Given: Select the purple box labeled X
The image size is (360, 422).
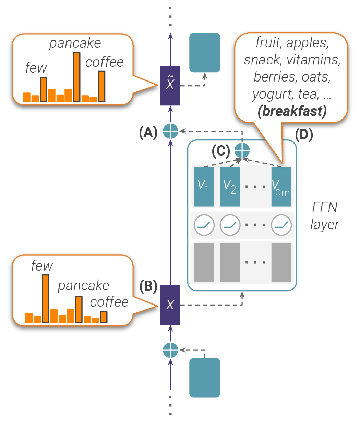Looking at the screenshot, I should pos(170,305).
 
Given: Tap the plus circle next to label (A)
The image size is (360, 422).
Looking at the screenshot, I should pos(170,131).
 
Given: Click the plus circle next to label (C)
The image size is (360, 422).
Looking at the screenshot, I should pos(242,150).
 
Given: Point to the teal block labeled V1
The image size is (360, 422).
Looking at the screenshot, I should pos(204,186).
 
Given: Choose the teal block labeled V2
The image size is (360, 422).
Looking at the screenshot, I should pos(230,186).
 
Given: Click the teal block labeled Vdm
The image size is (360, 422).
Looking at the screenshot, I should pos(281,186).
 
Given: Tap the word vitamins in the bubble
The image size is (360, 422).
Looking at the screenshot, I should pos(313,60).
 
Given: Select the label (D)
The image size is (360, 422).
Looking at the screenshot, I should pos(304,135).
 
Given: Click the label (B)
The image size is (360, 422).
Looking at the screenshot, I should pos(148,286).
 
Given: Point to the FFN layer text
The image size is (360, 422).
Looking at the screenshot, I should pos(324,216).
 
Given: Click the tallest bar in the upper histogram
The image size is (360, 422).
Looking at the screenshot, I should pos(77,77).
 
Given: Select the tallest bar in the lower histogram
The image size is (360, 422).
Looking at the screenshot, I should pos(45,298).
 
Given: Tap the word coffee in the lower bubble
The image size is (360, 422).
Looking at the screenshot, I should pos(109,302).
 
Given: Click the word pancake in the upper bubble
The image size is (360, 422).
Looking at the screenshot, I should pos(75,43).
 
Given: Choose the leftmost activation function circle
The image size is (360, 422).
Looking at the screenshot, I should pos(204,225).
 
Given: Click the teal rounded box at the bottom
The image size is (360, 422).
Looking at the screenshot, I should pos(205,377).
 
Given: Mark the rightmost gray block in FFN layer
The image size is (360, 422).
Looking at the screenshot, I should pos(281,262).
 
